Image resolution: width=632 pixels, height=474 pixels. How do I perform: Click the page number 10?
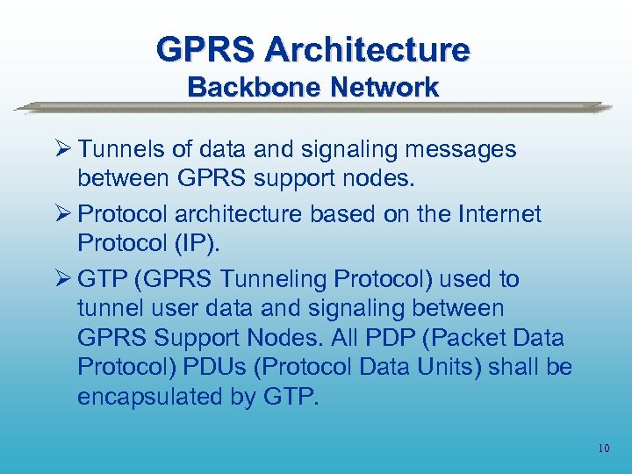(603, 449)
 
